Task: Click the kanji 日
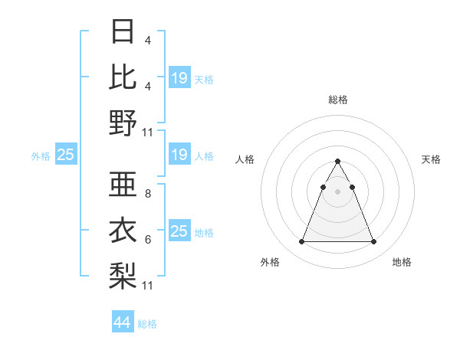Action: click(123, 31)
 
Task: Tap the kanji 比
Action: click(123, 77)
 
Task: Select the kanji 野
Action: click(123, 123)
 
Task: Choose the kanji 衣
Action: click(123, 231)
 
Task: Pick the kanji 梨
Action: click(123, 276)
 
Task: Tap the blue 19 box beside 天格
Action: click(179, 78)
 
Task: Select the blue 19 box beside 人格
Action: click(179, 155)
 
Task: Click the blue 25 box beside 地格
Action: click(179, 231)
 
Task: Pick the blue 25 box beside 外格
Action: click(65, 155)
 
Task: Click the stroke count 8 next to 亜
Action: click(147, 194)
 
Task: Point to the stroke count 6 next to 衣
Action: click(147, 240)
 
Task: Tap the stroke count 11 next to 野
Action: click(149, 132)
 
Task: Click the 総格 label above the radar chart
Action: click(337, 100)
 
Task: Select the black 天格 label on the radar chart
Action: click(431, 159)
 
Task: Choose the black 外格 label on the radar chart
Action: click(270, 262)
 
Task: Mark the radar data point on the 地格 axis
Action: click(373, 242)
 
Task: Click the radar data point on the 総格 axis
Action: click(337, 162)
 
